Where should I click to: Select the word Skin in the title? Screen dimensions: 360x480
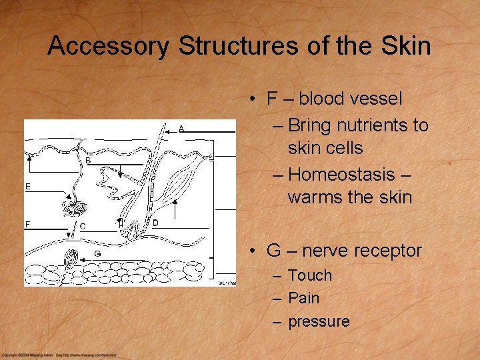pos(407,47)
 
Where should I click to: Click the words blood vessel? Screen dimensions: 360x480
pos(351,99)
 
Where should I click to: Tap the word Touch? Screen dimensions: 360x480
pos(309,275)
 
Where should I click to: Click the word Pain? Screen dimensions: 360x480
pos(303,298)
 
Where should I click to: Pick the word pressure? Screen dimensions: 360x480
pos(319,321)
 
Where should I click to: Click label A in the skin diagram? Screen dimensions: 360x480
pos(181,129)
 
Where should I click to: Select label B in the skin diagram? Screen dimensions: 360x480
pos(88,161)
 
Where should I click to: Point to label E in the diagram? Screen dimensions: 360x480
pos(28,187)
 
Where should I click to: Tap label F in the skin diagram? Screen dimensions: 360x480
pos(28,225)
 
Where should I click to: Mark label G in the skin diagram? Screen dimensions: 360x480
pos(97,253)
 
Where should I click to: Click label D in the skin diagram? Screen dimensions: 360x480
pos(155,223)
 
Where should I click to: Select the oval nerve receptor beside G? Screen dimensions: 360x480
pos(71,257)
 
